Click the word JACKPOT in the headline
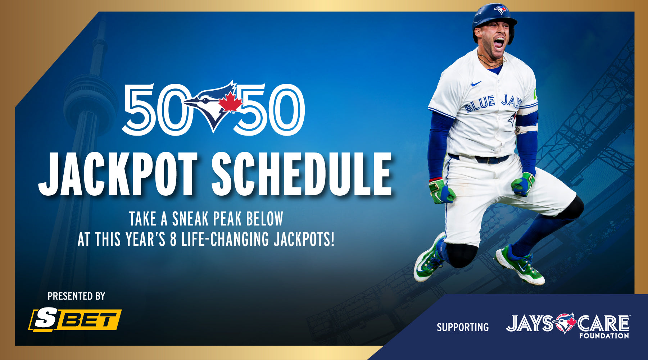[118, 174]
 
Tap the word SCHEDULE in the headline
[302, 174]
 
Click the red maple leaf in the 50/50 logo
[230, 102]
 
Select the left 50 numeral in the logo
[155, 109]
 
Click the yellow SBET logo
[75, 320]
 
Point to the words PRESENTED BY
[76, 296]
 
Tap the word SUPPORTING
[463, 327]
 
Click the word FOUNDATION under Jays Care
[604, 336]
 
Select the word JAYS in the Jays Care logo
[530, 323]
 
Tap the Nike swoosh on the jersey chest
[476, 84]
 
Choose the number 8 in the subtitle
[173, 239]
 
